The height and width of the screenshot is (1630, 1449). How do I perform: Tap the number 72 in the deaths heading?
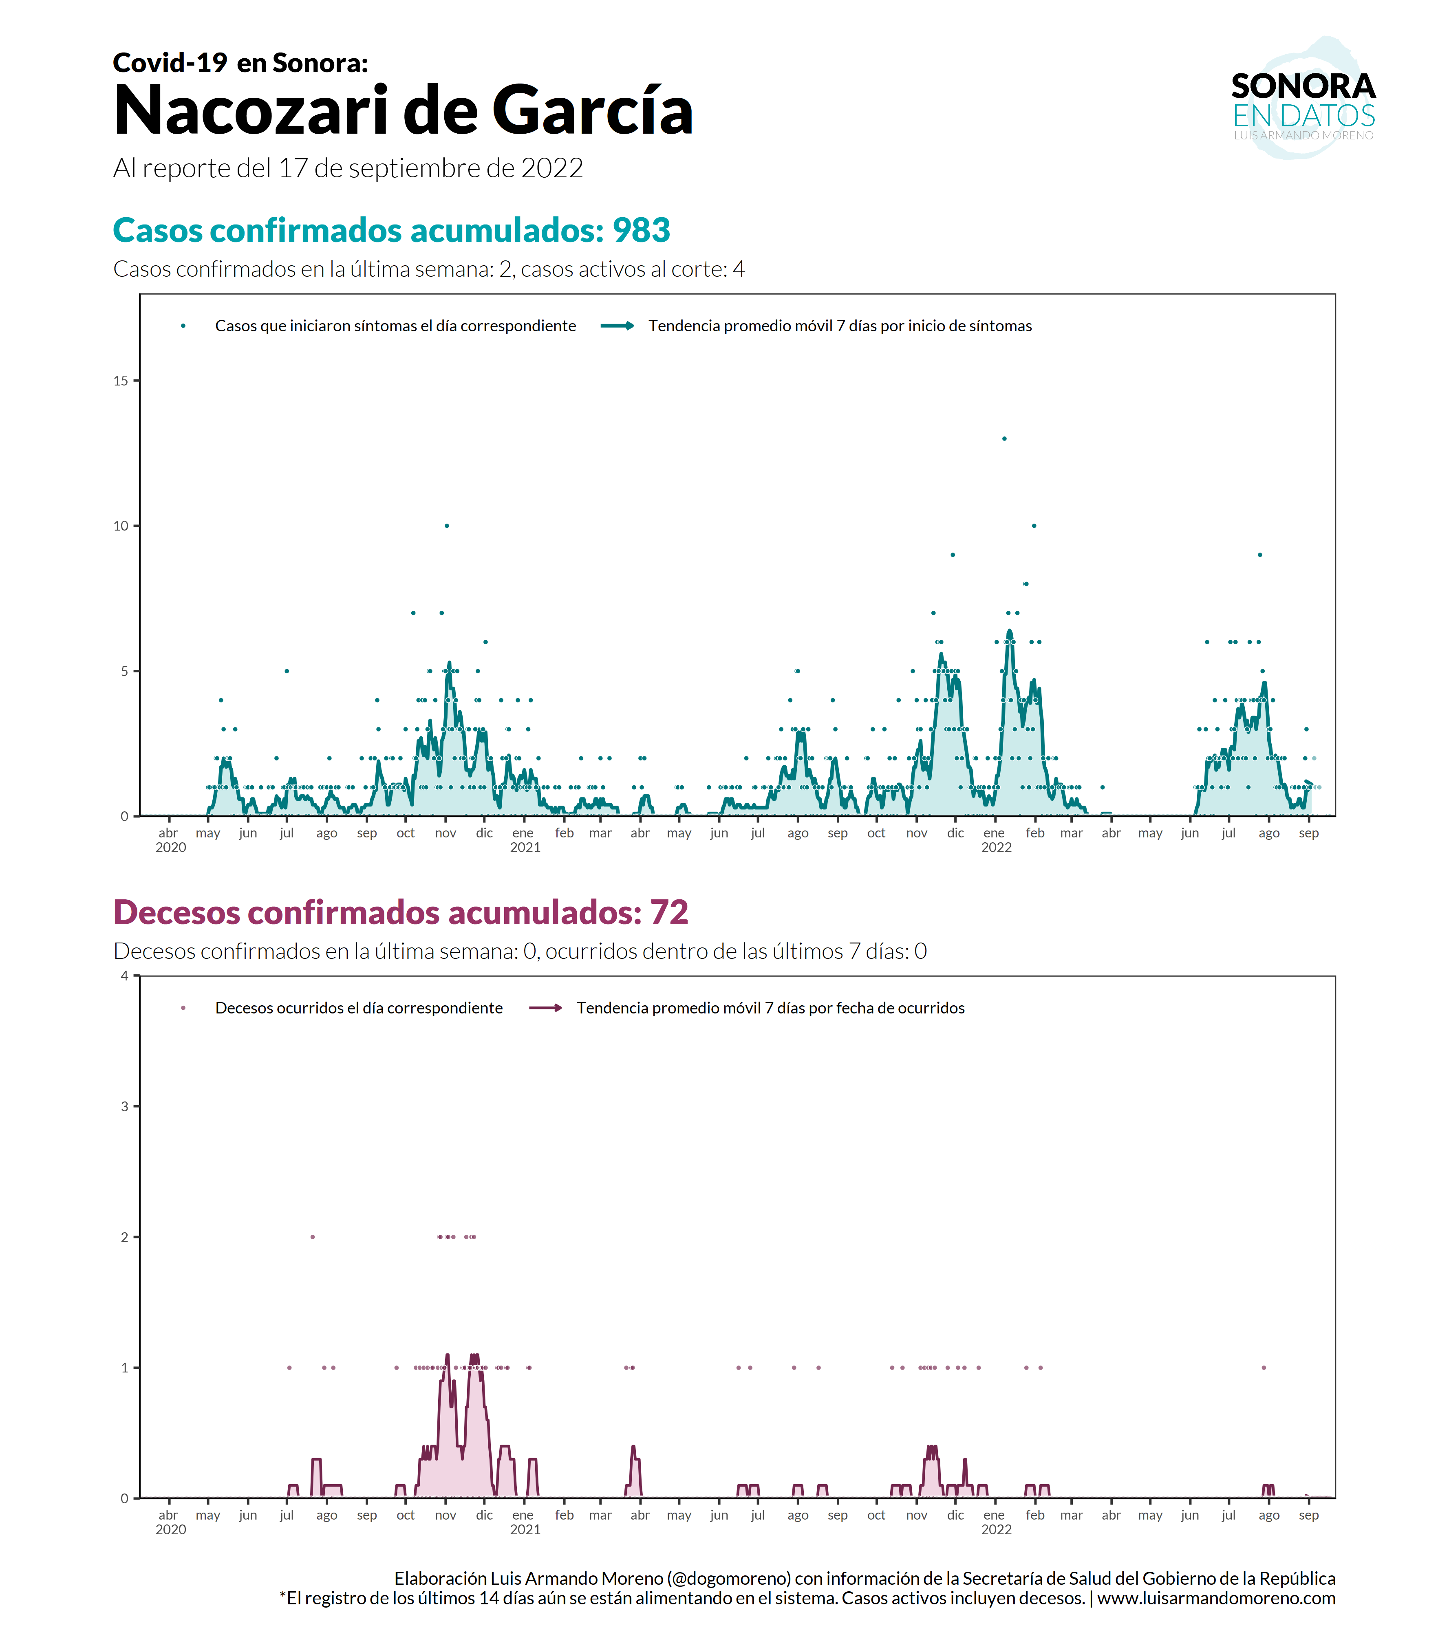coord(668,913)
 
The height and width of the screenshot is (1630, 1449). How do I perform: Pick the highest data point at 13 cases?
coord(1004,438)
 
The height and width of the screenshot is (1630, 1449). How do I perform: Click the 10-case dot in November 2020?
coord(447,526)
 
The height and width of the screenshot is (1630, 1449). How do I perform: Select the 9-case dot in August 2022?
coord(1259,555)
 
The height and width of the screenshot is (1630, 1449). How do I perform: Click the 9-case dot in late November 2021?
coord(952,555)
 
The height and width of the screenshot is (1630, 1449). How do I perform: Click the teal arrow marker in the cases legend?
coord(617,325)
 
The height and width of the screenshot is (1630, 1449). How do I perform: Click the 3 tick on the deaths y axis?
coord(124,1106)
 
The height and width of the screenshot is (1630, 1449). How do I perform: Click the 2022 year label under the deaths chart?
coord(996,1529)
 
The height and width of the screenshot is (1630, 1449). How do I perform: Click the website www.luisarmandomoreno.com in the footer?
coord(1216,1598)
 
